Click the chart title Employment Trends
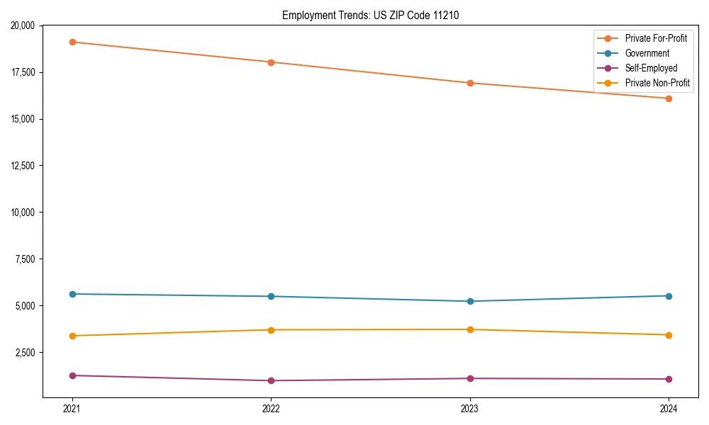click(x=370, y=15)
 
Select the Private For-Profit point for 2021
click(x=72, y=42)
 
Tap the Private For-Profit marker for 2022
click(x=271, y=62)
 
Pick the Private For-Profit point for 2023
click(x=470, y=83)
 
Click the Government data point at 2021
click(x=72, y=294)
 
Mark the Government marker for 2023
click(x=470, y=301)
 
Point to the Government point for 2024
click(x=669, y=295)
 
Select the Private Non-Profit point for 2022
click(x=271, y=330)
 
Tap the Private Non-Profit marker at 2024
click(x=669, y=335)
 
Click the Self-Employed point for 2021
click(x=72, y=375)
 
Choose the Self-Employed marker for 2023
click(x=470, y=378)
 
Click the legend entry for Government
click(x=647, y=53)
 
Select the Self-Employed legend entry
click(x=651, y=68)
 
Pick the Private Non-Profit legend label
click(x=657, y=83)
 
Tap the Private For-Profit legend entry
click(x=656, y=38)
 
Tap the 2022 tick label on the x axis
click(x=271, y=409)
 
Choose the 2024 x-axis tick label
click(x=669, y=409)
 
